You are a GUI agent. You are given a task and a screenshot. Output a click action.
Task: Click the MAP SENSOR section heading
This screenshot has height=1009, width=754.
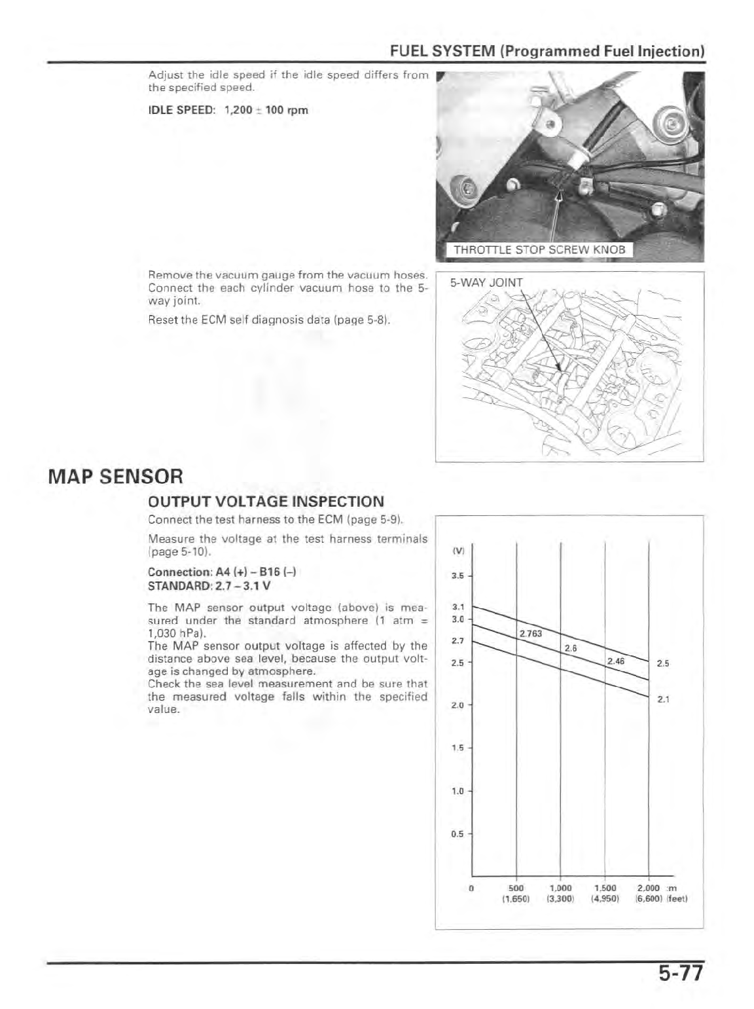[x=115, y=475]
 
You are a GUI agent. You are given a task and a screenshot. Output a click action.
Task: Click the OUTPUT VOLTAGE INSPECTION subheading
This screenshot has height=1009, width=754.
[x=266, y=502]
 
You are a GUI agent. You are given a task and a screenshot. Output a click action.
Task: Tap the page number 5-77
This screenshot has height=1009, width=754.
[x=679, y=974]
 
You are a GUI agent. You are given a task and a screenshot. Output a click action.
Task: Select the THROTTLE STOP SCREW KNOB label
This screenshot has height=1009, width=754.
[x=539, y=249]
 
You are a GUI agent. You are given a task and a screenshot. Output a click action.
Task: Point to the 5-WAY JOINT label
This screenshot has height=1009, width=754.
[x=486, y=283]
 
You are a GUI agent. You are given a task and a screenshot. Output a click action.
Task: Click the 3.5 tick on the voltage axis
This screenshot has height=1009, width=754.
[x=458, y=577]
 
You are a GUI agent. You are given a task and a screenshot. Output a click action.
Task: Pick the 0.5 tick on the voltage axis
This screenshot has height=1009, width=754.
[x=458, y=834]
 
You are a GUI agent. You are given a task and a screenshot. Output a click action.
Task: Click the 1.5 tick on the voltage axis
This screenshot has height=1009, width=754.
[x=458, y=748]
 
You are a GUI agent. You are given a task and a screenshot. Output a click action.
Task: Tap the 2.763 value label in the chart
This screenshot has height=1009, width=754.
[x=530, y=633]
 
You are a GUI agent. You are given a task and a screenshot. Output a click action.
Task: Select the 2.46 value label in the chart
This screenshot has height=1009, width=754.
[x=616, y=661]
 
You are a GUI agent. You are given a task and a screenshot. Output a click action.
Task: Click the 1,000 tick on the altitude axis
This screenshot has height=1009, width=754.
[x=561, y=889]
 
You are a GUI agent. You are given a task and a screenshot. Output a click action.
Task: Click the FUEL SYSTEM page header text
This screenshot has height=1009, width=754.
[x=547, y=51]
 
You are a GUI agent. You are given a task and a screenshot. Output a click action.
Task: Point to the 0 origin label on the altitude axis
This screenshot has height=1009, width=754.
[x=471, y=889]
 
